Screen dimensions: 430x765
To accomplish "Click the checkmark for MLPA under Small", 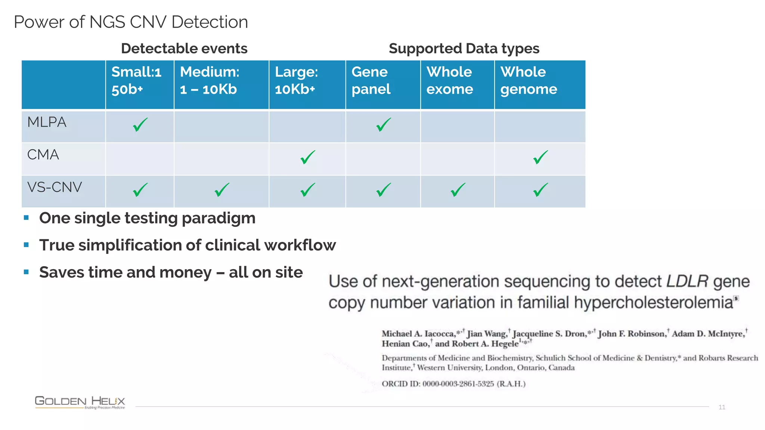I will coord(140,125).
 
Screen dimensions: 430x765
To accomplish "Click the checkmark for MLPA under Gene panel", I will coord(383,125).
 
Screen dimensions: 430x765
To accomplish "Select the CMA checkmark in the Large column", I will coord(308,157).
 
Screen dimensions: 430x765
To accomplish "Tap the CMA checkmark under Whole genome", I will coord(541,157).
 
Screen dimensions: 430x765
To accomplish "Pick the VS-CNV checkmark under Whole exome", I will coord(458,190).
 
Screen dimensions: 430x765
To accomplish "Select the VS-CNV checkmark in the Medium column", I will coord(222,190).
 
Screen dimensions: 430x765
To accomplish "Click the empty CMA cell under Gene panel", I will coord(383,159).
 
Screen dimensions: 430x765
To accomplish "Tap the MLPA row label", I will coord(47,122).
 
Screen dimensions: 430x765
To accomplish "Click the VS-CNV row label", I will coord(55,187).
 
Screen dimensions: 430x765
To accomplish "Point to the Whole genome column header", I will coord(529,80).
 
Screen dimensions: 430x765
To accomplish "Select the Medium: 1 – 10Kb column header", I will coord(210,80).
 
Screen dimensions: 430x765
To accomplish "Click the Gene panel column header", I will coord(371,80).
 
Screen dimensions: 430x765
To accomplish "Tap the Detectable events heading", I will coord(184,49).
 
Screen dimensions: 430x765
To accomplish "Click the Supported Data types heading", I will coord(464,49).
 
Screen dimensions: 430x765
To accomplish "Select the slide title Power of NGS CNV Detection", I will coord(131,22).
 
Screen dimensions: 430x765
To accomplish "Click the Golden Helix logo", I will coord(80,402).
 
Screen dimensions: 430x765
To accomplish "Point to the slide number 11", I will coord(722,407).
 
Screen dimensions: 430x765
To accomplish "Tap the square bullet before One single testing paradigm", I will coord(26,218).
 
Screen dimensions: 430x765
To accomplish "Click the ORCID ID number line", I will coord(453,384).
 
